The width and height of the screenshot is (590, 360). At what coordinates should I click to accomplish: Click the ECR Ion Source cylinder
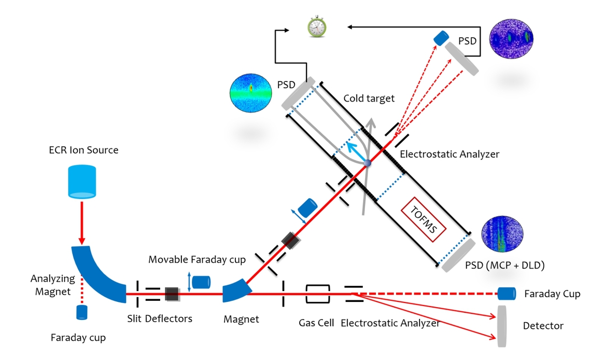[x=82, y=181]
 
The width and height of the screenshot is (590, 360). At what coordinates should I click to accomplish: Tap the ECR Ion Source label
[x=83, y=150]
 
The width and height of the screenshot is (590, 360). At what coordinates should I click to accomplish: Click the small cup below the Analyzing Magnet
[x=82, y=313]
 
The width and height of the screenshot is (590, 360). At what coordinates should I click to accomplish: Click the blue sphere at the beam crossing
[x=368, y=163]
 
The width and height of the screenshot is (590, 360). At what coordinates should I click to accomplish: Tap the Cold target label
[x=369, y=99]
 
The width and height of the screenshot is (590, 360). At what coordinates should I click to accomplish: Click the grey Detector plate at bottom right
[x=501, y=326]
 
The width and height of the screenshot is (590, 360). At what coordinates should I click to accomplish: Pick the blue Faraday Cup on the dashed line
[x=507, y=294]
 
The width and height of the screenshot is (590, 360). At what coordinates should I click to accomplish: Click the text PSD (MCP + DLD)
[x=504, y=266]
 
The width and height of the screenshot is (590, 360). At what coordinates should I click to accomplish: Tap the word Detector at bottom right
[x=543, y=326]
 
